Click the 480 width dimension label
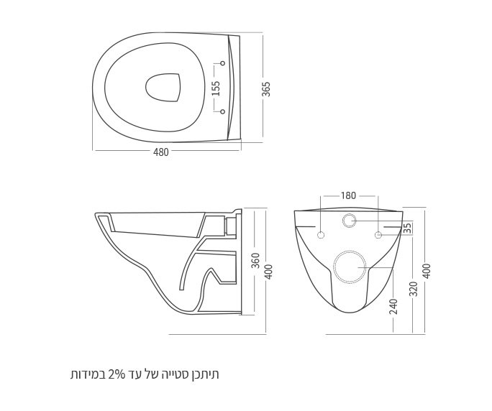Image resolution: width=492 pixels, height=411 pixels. pyautogui.click(x=160, y=152)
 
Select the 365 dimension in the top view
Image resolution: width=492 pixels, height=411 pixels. pyautogui.click(x=267, y=88)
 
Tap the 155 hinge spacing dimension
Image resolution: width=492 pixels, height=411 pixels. pyautogui.click(x=216, y=88)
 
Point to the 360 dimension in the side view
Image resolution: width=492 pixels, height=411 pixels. pyautogui.click(x=255, y=260)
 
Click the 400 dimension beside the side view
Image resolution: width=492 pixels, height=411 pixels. pyautogui.click(x=268, y=272)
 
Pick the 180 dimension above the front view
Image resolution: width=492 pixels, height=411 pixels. pyautogui.click(x=348, y=195)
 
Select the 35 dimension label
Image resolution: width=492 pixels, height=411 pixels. pyautogui.click(x=407, y=228)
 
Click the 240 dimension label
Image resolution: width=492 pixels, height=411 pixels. pyautogui.click(x=393, y=306)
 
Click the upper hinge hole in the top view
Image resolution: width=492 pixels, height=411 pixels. pyautogui.click(x=223, y=65)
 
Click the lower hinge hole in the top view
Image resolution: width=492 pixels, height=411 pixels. pyautogui.click(x=223, y=111)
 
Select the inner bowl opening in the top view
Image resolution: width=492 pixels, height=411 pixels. pyautogui.click(x=162, y=88)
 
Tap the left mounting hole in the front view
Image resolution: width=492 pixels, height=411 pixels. pyautogui.click(x=321, y=236)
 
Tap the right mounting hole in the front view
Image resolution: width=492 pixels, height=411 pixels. pyautogui.click(x=378, y=236)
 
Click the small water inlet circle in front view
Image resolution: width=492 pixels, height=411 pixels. pyautogui.click(x=349, y=220)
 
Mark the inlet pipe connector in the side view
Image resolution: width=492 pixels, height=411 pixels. pyautogui.click(x=231, y=226)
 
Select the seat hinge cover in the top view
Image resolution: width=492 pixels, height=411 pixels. pyautogui.click(x=233, y=88)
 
